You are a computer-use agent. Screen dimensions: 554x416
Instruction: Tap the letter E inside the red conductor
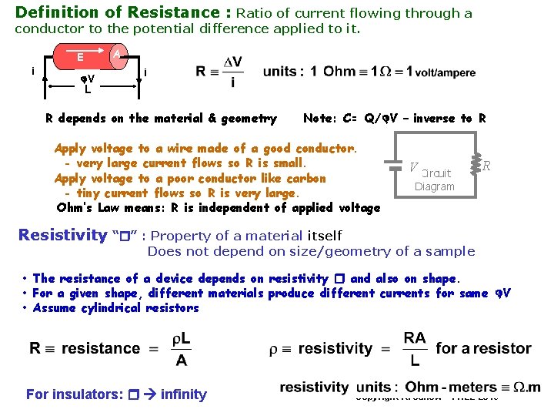(x=80, y=57)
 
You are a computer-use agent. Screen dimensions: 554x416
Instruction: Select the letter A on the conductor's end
(x=115, y=54)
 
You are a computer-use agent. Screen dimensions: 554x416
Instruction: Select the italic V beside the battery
(x=414, y=167)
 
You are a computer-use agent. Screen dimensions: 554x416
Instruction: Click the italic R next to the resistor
(x=487, y=166)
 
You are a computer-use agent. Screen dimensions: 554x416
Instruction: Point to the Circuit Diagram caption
(x=435, y=179)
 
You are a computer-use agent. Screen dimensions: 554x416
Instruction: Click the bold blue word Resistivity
(x=62, y=235)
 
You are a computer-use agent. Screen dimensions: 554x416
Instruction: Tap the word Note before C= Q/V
(x=319, y=118)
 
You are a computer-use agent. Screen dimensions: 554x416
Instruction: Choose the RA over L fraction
(x=415, y=349)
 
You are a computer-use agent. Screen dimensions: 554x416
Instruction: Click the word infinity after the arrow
(x=184, y=394)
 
